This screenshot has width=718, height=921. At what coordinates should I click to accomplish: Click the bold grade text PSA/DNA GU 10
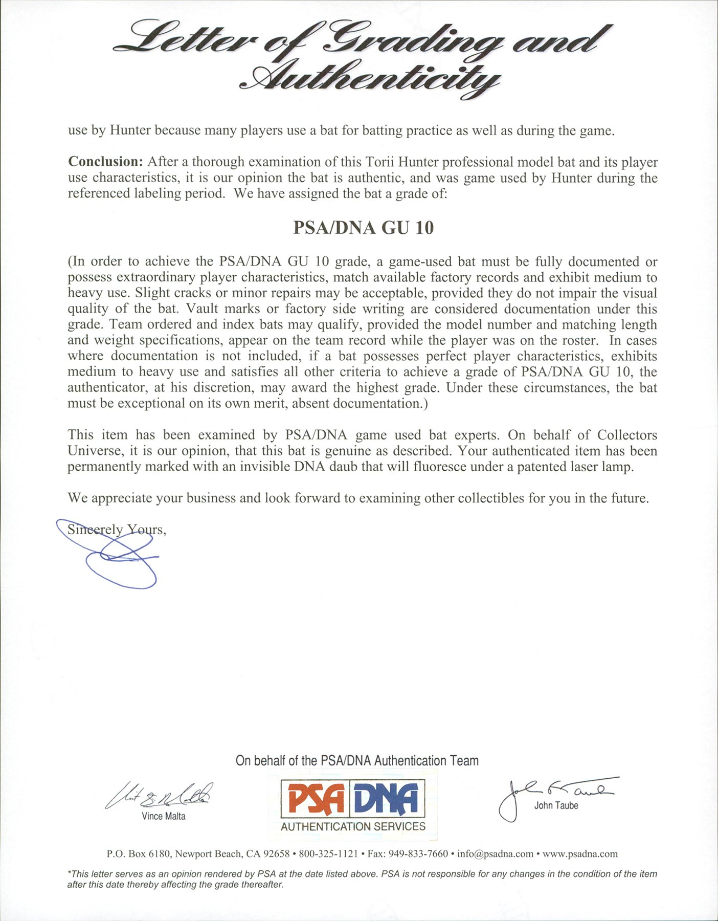coord(363,228)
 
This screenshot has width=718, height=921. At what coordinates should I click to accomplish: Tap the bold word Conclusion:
coord(105,162)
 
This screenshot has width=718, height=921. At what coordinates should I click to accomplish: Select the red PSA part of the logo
coord(315,800)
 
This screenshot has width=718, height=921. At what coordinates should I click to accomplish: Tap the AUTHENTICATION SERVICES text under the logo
coord(353,826)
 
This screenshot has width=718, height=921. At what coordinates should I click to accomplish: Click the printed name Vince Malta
coord(164,816)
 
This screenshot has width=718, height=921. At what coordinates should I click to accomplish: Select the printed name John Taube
coord(556,805)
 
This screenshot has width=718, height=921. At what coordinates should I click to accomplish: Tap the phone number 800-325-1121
coord(328,854)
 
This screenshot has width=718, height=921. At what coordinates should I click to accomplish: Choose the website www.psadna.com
coord(580,854)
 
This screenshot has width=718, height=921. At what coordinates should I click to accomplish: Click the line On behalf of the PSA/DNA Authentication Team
coord(357,761)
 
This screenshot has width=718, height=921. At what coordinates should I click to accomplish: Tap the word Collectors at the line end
coord(627,435)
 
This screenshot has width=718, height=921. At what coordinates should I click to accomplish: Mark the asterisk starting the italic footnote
coord(69,873)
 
